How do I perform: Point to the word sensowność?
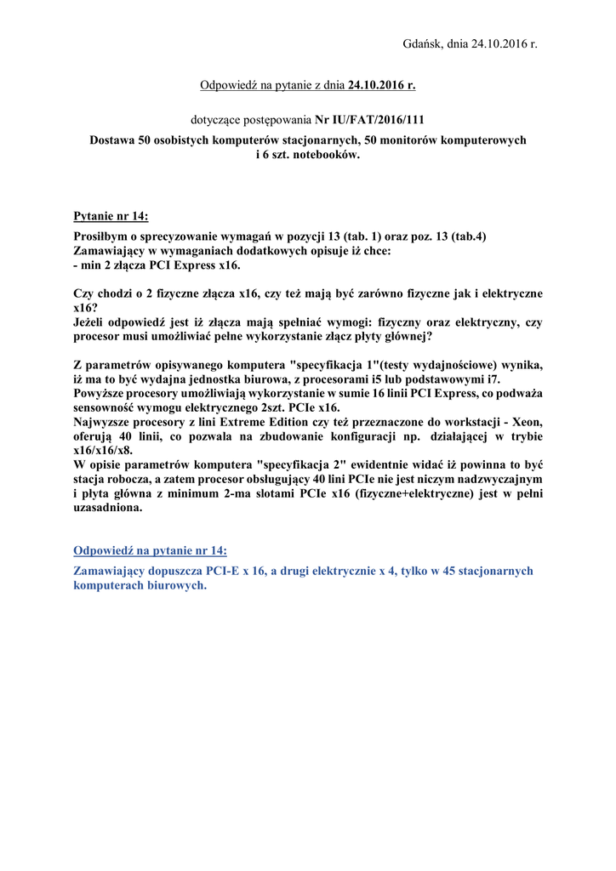[110, 407]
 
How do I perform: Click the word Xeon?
[527, 422]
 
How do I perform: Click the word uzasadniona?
[108, 508]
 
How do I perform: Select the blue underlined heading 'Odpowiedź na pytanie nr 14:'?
[150, 550]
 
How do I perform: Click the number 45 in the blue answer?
[439, 572]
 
